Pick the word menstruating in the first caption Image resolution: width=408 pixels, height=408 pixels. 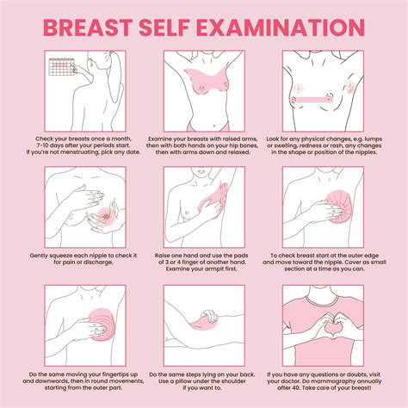point(83,153)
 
